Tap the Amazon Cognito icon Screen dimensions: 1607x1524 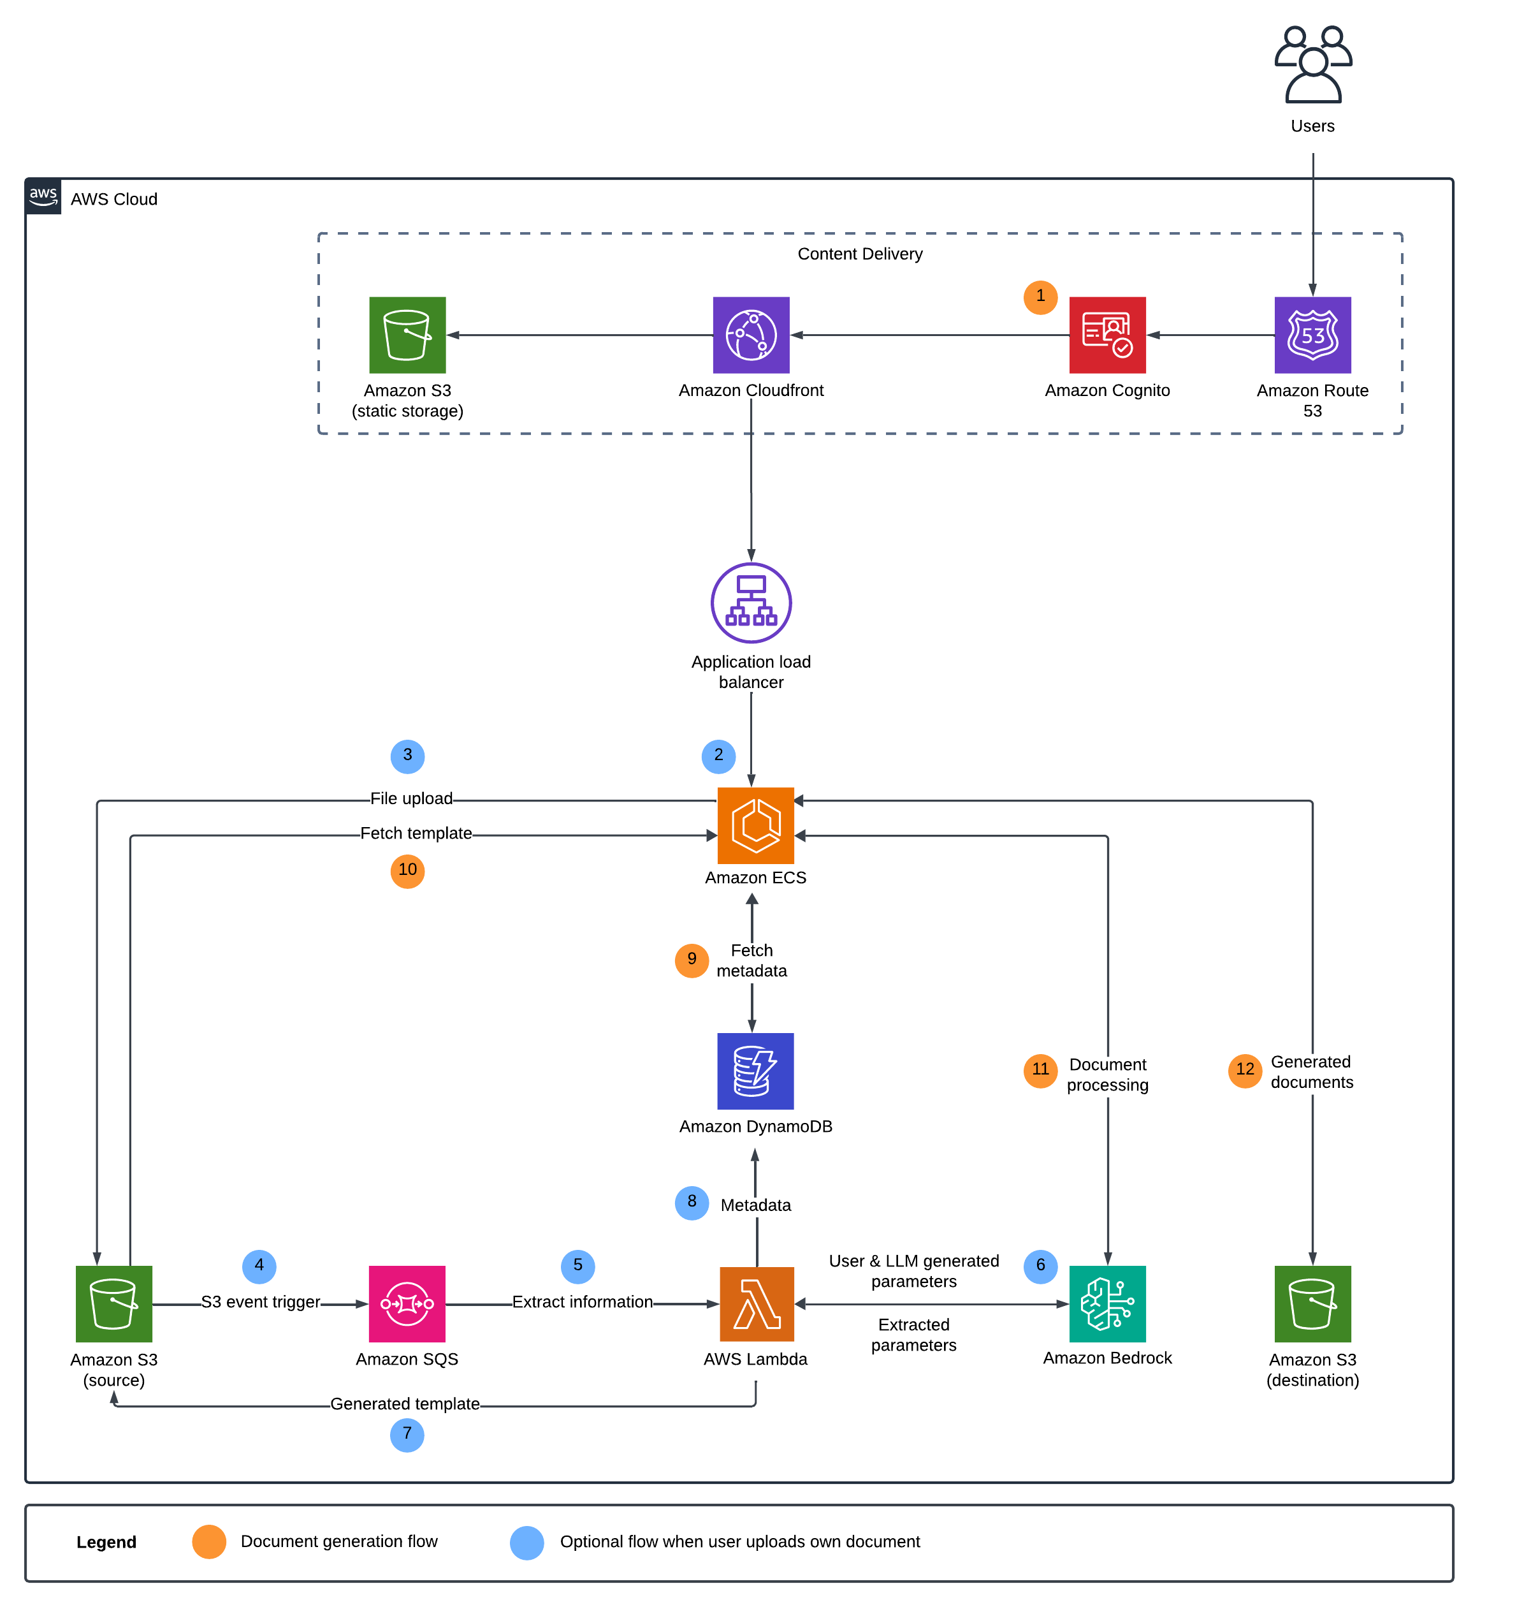pyautogui.click(x=1107, y=335)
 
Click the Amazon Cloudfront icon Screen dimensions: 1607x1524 pyautogui.click(x=751, y=335)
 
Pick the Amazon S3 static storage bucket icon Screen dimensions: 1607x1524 pyautogui.click(x=407, y=335)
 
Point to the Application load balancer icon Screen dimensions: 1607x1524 pyautogui.click(x=751, y=603)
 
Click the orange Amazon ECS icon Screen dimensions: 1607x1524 pyautogui.click(x=755, y=825)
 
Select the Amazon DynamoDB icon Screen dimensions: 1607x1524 pyautogui.click(x=755, y=1071)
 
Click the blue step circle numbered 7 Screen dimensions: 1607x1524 pyautogui.click(x=407, y=1434)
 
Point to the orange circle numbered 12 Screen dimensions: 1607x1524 pyautogui.click(x=1245, y=1069)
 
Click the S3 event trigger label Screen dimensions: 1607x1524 pyautogui.click(x=261, y=1302)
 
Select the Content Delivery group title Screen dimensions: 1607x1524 pyautogui.click(x=859, y=254)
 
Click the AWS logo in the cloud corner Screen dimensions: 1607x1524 pyautogui.click(x=43, y=196)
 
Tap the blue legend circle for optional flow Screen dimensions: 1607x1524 pyautogui.click(x=526, y=1542)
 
